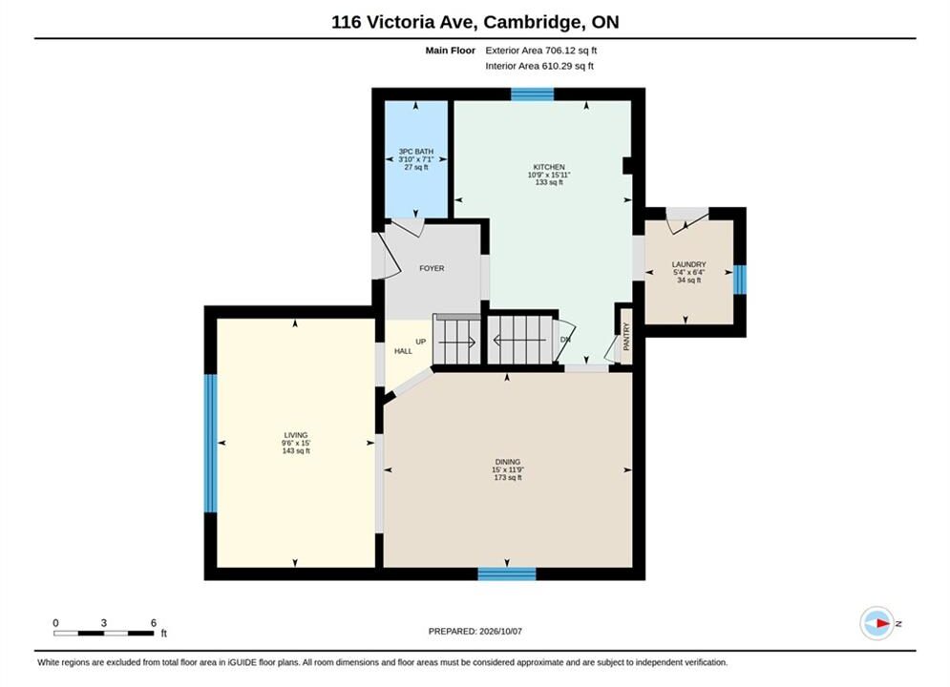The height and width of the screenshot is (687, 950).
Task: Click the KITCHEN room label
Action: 549,167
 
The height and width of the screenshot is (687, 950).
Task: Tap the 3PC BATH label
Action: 415,152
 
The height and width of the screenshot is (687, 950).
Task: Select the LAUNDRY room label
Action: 689,264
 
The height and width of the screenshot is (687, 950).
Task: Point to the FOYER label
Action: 432,268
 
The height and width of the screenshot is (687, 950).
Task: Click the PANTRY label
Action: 626,337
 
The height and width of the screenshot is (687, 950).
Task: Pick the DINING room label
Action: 508,462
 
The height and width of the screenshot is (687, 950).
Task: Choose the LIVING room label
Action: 296,435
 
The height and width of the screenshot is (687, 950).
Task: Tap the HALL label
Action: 403,351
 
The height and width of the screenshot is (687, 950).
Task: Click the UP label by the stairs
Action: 420,342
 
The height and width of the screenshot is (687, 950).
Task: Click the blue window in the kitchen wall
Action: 532,94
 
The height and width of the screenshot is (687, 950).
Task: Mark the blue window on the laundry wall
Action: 740,280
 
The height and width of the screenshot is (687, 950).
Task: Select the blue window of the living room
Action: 210,443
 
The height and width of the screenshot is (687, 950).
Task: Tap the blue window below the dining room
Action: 506,573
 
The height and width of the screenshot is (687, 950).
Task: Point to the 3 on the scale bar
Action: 104,623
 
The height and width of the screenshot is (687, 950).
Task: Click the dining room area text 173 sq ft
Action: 508,478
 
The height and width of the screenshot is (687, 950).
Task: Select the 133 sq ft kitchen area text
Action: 549,182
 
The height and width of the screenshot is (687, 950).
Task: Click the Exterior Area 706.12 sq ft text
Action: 541,51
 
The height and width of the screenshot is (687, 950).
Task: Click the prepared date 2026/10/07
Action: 500,632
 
